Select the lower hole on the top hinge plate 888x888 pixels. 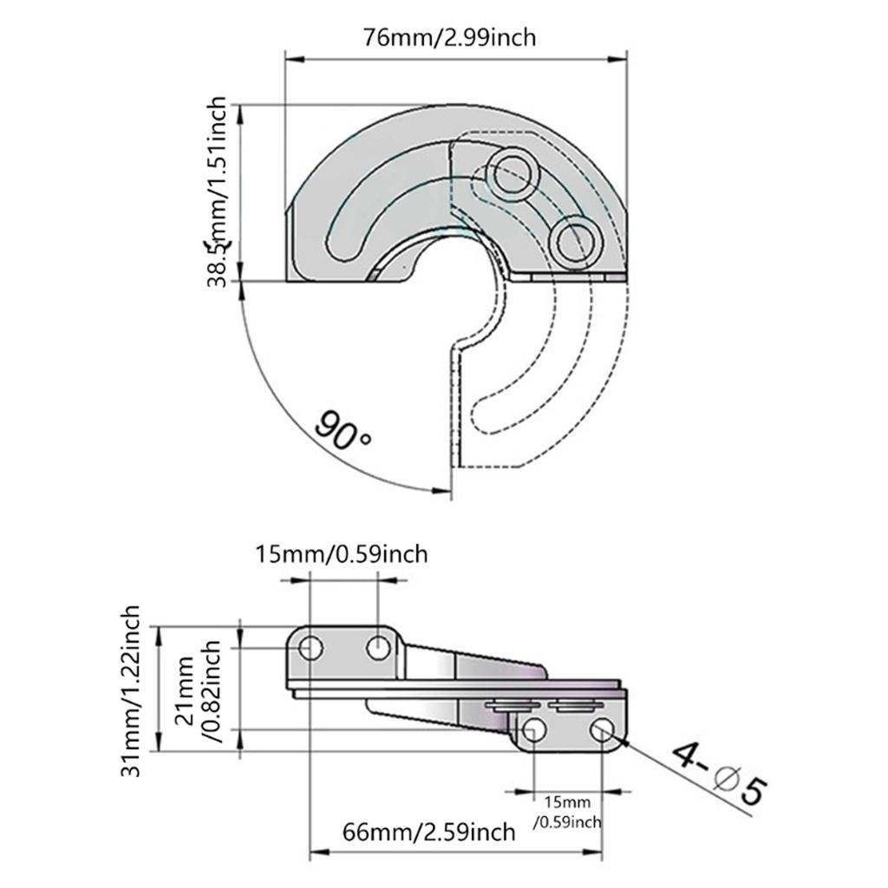(574, 239)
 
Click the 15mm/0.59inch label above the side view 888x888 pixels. (342, 553)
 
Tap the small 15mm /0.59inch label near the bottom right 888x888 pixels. (568, 810)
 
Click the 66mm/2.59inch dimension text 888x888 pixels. (429, 832)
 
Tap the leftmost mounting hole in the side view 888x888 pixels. (310, 647)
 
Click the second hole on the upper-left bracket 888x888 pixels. (377, 647)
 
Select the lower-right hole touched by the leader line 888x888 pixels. (603, 732)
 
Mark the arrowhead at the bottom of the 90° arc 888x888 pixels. (442, 491)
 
